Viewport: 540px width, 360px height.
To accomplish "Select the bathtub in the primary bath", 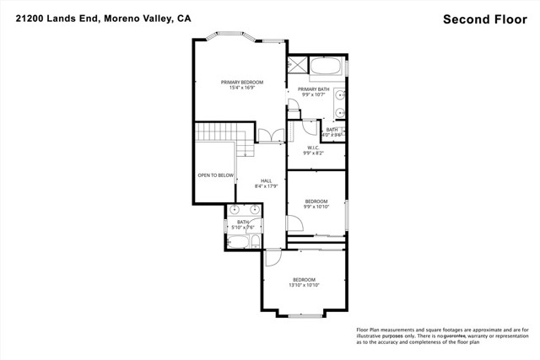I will point(325,67).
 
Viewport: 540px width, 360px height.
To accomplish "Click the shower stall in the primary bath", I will point(298,67).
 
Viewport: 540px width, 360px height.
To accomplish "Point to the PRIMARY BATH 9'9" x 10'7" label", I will point(313,92).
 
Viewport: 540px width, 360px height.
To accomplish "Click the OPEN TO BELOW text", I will point(215,175).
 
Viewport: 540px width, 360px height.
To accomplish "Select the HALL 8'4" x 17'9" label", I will point(266,184).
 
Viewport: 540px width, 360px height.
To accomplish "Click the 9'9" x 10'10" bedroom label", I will point(316,203).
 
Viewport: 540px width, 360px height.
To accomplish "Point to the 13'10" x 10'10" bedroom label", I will point(304,282).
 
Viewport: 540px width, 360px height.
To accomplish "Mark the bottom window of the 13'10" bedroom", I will point(301,315).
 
